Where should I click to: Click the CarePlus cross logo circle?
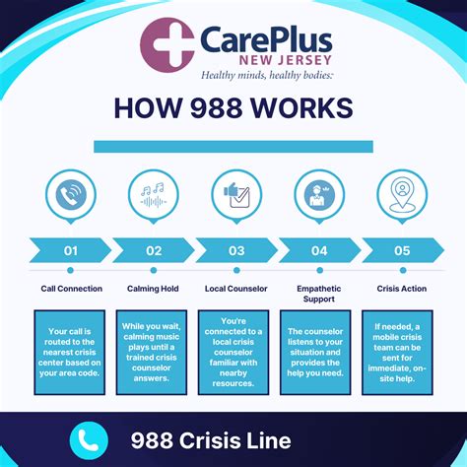(x=167, y=44)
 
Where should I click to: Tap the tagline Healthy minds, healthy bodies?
(x=268, y=75)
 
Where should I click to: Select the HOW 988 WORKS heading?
(x=233, y=107)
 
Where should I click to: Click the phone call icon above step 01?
(x=71, y=194)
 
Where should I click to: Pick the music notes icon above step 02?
(x=154, y=194)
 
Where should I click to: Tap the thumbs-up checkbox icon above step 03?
(x=236, y=194)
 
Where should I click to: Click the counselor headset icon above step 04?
(x=319, y=194)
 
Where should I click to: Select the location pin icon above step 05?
(x=402, y=194)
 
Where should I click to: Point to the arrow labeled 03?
(x=236, y=250)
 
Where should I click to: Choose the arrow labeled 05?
(x=402, y=250)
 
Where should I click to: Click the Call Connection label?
(x=71, y=289)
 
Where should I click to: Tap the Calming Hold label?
(x=154, y=289)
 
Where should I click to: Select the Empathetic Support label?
(x=319, y=295)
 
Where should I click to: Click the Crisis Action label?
(x=402, y=289)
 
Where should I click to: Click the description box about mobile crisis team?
(x=402, y=353)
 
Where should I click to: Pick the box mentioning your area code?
(x=71, y=353)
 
